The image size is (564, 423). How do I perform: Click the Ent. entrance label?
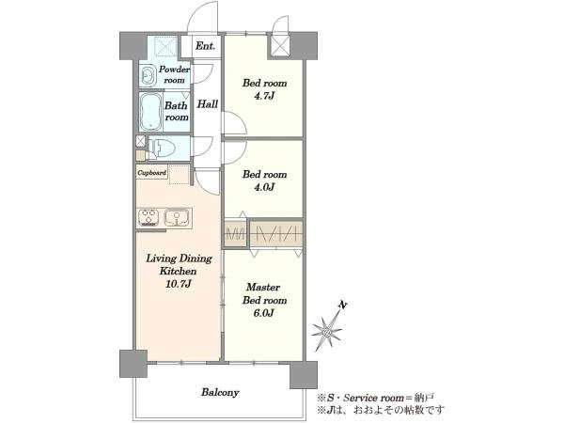pyautogui.click(x=205, y=46)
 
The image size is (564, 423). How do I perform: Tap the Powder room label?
pyautogui.click(x=175, y=74)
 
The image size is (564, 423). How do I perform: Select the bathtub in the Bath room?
pyautogui.click(x=150, y=112)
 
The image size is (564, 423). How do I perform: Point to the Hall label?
pyautogui.click(x=208, y=104)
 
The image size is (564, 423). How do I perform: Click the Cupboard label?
pyautogui.click(x=151, y=173)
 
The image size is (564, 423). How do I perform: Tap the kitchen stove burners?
pyautogui.click(x=149, y=218)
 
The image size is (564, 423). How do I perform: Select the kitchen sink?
pyautogui.click(x=177, y=218)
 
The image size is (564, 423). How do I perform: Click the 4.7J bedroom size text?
pyautogui.click(x=264, y=96)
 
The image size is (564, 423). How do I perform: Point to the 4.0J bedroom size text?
pyautogui.click(x=264, y=187)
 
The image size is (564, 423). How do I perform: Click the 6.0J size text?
pyautogui.click(x=263, y=313)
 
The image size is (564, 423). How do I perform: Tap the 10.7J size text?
pyautogui.click(x=178, y=284)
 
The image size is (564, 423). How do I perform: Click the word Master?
pyautogui.click(x=263, y=288)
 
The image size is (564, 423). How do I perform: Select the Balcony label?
pyautogui.click(x=220, y=392)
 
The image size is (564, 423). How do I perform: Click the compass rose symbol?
pyautogui.click(x=326, y=332)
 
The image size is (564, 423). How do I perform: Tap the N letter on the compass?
pyautogui.click(x=343, y=305)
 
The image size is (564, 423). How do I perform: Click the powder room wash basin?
pyautogui.click(x=148, y=75)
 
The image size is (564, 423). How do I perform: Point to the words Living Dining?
pyautogui.click(x=179, y=259)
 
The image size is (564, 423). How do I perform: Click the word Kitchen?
pyautogui.click(x=178, y=271)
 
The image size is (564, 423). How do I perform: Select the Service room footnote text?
pyautogui.click(x=375, y=398)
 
